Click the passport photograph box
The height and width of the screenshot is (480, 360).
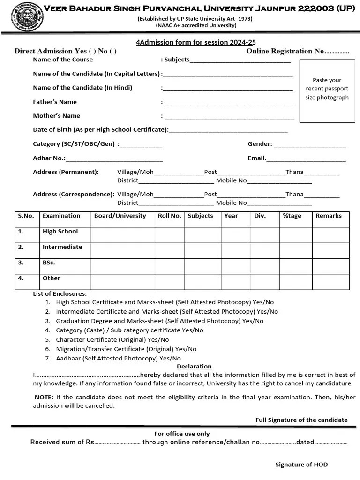[x=327, y=91]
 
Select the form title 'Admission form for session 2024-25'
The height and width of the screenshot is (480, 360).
[x=196, y=42]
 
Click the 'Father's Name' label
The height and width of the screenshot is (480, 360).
[x=55, y=102]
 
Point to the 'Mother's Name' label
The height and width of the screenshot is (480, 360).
[x=56, y=116]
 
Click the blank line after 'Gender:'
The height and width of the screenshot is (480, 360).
[x=310, y=144]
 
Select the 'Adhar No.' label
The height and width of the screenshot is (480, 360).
[x=49, y=158]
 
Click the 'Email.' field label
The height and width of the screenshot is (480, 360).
[x=257, y=158]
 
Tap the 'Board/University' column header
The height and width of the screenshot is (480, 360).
[x=120, y=216]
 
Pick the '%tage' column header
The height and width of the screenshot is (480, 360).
[x=292, y=216]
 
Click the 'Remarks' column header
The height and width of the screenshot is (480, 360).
[x=329, y=216]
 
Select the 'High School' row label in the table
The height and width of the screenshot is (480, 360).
[x=60, y=232]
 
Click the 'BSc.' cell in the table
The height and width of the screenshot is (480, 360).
[x=49, y=263]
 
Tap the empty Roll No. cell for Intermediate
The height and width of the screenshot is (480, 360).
[x=169, y=250]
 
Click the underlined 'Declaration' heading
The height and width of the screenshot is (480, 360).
[x=194, y=367]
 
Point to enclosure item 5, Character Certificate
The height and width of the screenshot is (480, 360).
[x=112, y=340]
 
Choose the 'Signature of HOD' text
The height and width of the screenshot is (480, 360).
[x=301, y=465]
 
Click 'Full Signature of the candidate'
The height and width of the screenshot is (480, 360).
[x=301, y=420]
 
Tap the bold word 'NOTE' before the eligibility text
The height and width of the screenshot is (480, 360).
[x=44, y=397]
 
